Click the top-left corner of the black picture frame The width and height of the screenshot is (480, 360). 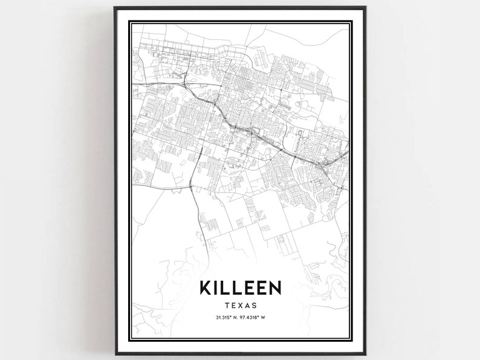(114, 7)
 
